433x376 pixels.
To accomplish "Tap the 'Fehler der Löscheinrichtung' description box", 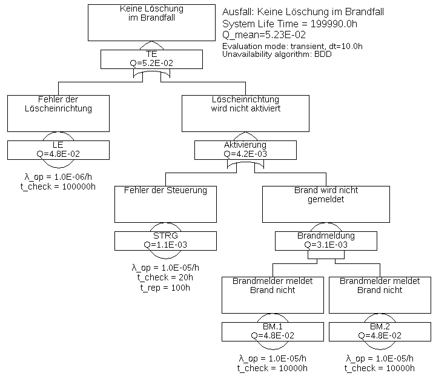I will (x=58, y=113).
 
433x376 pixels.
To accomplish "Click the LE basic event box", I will (x=58, y=150).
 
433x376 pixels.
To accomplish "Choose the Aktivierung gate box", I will (x=245, y=150).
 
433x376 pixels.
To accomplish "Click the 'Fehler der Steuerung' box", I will (x=165, y=204).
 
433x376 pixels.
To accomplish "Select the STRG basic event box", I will (x=165, y=240).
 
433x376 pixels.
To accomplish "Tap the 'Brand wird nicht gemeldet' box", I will (x=326, y=204).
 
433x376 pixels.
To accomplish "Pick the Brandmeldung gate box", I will (x=326, y=240).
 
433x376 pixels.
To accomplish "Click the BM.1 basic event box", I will (x=273, y=331).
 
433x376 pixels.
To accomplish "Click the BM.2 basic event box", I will (x=380, y=331).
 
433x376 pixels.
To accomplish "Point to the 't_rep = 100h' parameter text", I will (x=165, y=288).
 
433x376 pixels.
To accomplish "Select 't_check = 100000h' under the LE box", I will (x=58, y=186).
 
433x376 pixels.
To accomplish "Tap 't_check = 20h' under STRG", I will (x=165, y=277).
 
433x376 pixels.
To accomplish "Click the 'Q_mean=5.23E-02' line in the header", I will (x=264, y=35).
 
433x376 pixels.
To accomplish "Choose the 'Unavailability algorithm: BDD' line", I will (x=277, y=54).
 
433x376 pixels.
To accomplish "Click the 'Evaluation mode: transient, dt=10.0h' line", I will (x=292, y=46).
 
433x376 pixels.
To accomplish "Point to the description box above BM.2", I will (x=380, y=295).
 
